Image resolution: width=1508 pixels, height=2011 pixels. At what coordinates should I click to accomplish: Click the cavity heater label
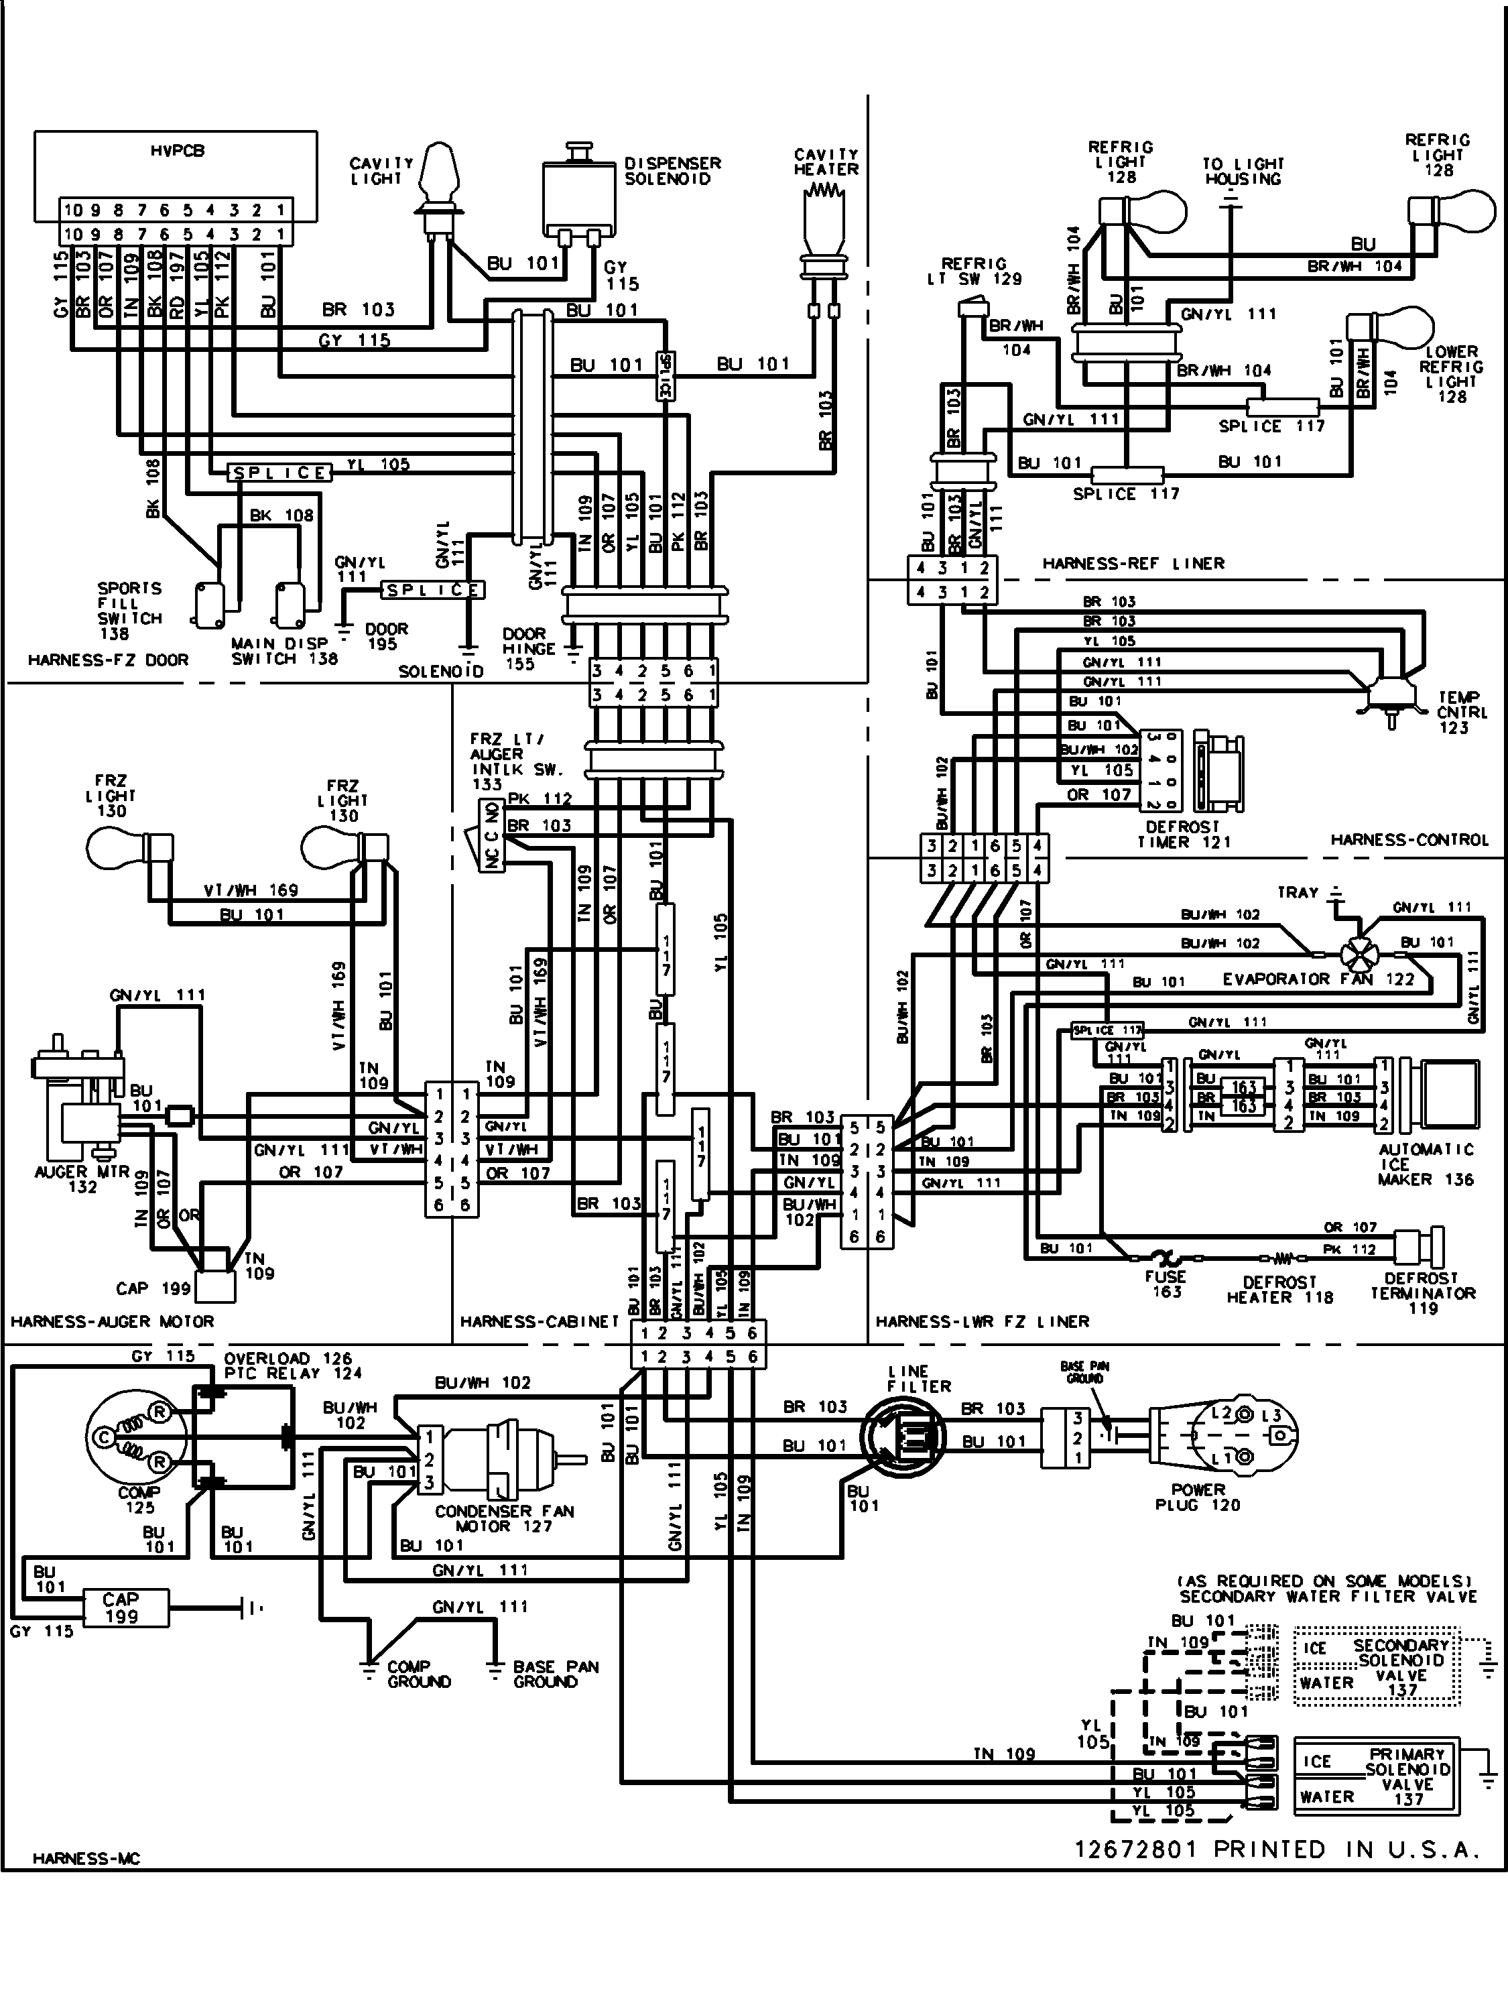click(x=825, y=162)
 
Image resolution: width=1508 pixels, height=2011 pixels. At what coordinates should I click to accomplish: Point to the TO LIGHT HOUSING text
click(x=1243, y=171)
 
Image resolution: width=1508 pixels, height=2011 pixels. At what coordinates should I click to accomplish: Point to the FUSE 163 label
click(x=1166, y=1284)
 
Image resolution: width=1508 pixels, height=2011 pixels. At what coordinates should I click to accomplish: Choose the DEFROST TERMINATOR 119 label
click(x=1423, y=1293)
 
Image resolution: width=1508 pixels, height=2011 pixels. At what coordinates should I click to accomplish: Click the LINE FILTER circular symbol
click(x=903, y=1437)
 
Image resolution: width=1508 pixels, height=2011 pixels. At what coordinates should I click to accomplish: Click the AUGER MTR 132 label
click(x=82, y=1179)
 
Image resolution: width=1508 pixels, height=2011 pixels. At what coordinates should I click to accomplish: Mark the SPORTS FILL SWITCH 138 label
click(x=129, y=610)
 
